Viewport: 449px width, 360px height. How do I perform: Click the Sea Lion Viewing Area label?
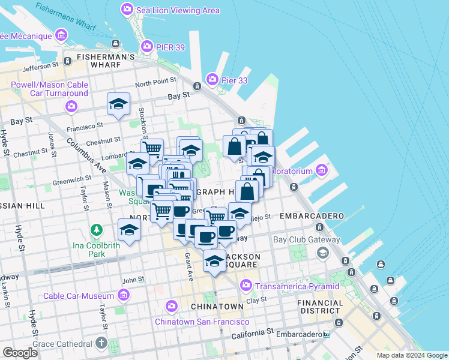178,10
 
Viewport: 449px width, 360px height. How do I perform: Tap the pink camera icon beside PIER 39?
146,46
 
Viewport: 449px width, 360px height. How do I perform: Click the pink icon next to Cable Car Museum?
124,295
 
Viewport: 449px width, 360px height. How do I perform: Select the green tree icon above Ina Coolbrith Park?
96,230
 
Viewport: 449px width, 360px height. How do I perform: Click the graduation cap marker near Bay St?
118,103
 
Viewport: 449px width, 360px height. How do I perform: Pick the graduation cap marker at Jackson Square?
214,260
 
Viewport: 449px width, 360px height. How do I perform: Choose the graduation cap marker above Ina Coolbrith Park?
129,229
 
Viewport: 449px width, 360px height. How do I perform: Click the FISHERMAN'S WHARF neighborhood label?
106,57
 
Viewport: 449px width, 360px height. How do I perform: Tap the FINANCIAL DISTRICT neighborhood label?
321,307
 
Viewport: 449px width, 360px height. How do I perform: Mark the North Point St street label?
155,80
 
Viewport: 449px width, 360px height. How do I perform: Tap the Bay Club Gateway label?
307,240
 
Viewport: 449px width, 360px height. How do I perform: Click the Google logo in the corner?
20,352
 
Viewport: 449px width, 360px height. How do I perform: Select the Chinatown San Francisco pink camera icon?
172,307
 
